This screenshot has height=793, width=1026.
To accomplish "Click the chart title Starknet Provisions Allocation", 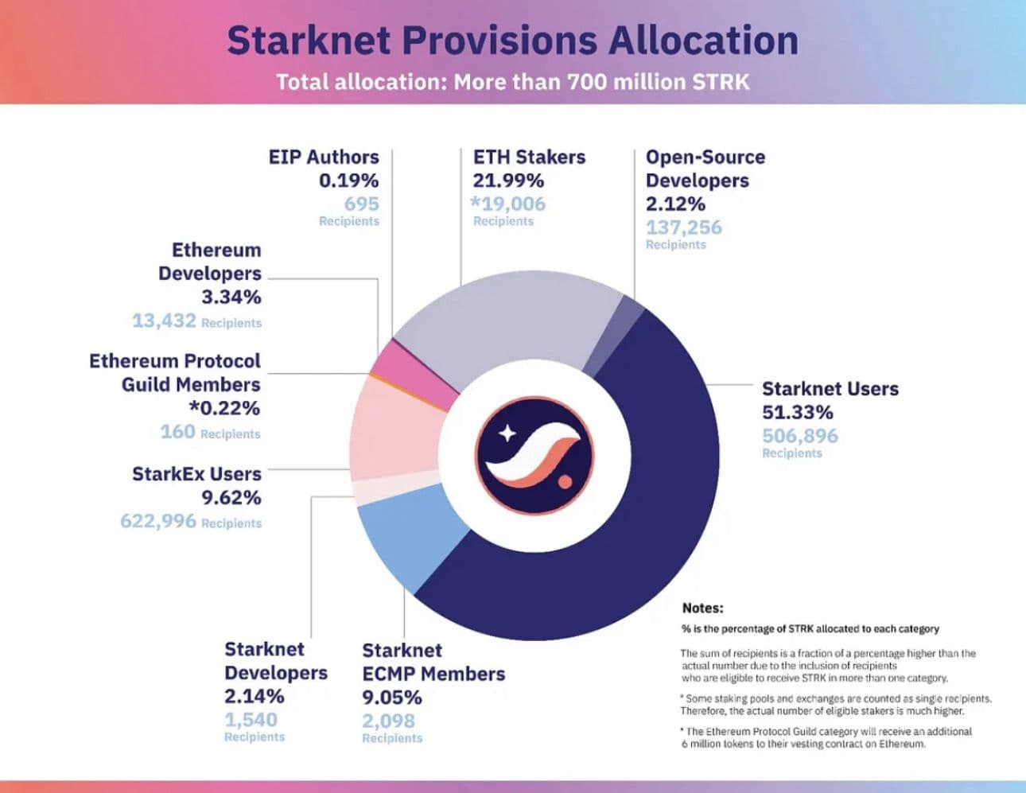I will [x=512, y=41].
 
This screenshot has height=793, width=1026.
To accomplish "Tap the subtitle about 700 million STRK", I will [x=512, y=82].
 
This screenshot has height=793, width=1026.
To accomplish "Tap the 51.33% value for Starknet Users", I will [x=797, y=412].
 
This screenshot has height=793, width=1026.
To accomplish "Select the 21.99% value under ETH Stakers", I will [x=508, y=181].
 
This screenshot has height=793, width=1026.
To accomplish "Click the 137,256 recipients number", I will [x=683, y=227].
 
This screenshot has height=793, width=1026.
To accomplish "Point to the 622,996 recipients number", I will [x=157, y=521].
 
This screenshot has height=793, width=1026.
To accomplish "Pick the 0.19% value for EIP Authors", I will [x=348, y=181].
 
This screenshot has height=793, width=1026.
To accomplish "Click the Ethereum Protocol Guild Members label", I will [x=175, y=372].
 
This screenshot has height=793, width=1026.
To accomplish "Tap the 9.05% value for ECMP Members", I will [x=391, y=698].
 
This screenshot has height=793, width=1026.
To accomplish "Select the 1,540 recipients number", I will [x=251, y=720].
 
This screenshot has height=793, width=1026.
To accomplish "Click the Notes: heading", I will [x=702, y=608].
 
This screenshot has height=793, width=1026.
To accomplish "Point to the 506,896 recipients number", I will [x=799, y=436].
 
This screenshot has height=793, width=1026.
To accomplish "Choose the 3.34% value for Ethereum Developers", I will [x=231, y=297].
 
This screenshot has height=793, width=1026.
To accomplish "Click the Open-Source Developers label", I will [x=704, y=169].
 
